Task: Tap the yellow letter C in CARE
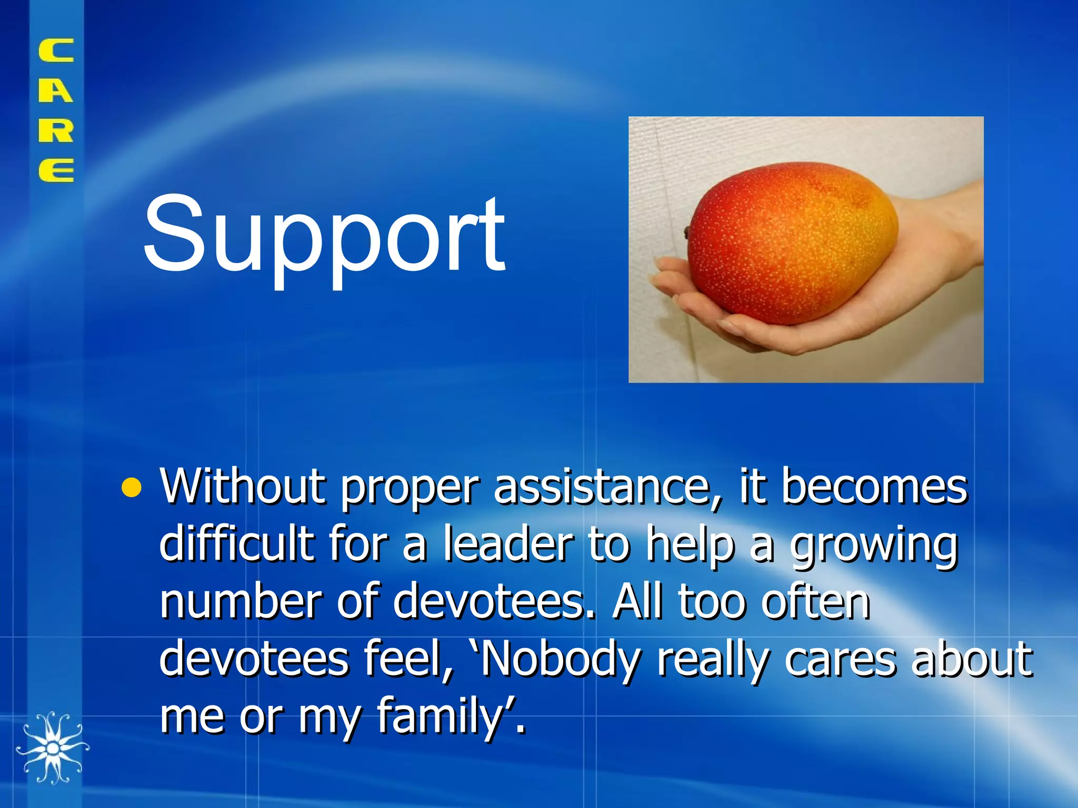coord(56,51)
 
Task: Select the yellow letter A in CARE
coord(56,90)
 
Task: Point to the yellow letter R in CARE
coord(56,130)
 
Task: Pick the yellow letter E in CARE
coord(56,170)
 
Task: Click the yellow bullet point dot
coord(131,488)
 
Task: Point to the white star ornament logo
coord(52,747)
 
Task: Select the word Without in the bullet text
coord(243,487)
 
